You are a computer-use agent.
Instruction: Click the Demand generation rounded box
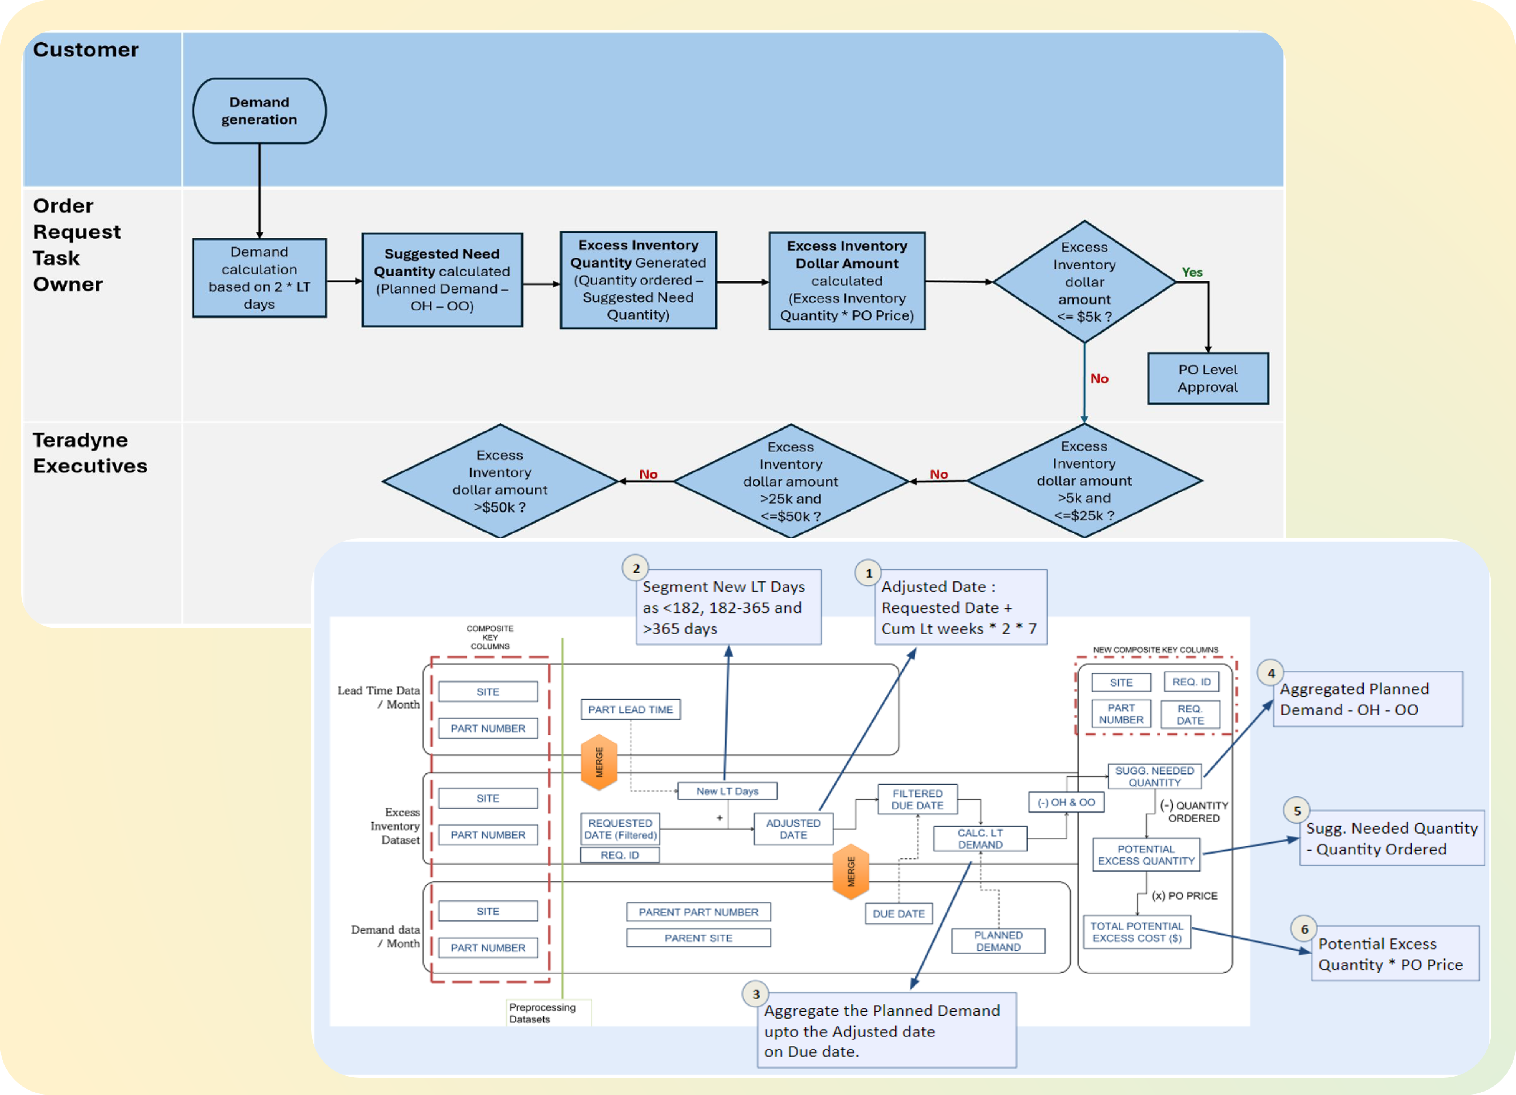click(x=259, y=111)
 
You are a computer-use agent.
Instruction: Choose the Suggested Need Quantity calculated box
click(x=442, y=280)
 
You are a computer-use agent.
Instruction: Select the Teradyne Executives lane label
click(x=89, y=453)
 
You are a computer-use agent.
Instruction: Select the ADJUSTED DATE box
click(x=793, y=829)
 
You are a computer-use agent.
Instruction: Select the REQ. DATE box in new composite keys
click(x=1190, y=714)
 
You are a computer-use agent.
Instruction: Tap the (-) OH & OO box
click(x=1066, y=802)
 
